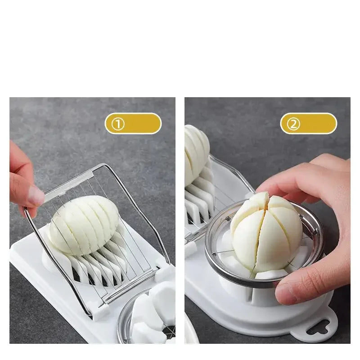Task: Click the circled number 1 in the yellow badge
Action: point(118,124)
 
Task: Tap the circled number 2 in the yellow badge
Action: point(293,124)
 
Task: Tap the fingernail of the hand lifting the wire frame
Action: point(36,196)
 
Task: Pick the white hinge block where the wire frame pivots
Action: point(99,310)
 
